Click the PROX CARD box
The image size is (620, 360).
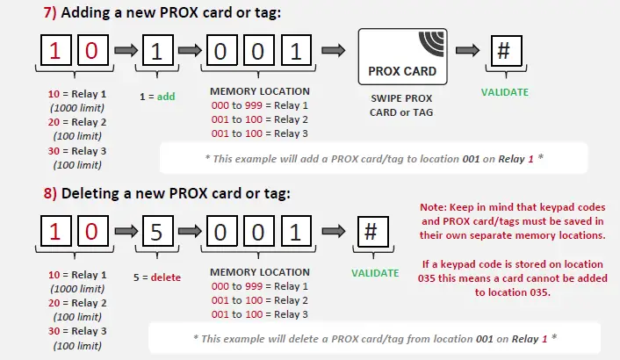402,56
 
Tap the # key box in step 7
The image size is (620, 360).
506,51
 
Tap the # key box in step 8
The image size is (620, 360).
373,231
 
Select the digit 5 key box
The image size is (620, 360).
158,231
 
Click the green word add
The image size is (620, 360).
166,97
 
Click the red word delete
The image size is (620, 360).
166,277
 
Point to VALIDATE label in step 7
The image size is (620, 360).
505,92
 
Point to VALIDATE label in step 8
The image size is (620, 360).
375,273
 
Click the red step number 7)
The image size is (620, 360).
50,12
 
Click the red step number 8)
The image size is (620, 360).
50,194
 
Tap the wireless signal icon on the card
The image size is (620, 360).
432,43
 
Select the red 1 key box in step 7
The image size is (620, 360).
55,50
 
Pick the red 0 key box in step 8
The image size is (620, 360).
93,231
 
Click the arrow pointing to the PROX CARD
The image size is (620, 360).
334,50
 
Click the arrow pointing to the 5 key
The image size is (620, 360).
126,231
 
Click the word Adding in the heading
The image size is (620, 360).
85,13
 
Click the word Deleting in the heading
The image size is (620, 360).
90,194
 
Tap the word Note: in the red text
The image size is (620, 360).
433,207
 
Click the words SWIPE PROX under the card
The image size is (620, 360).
401,98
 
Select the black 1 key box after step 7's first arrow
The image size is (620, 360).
158,50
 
